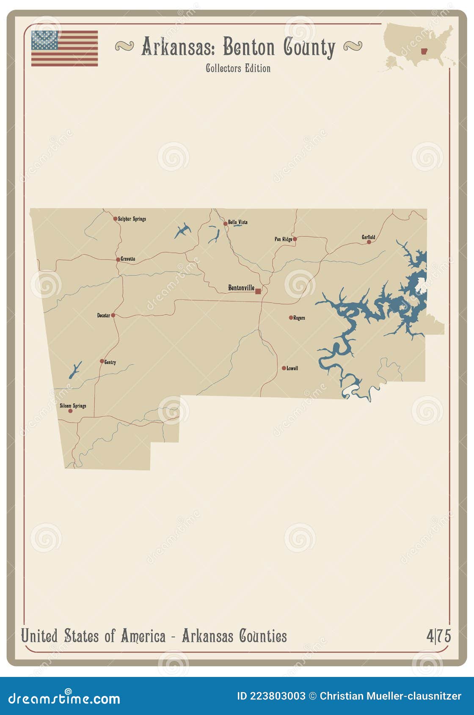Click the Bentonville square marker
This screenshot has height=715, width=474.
click(x=258, y=291)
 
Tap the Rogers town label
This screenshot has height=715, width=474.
click(x=299, y=318)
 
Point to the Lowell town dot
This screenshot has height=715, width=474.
click(x=284, y=368)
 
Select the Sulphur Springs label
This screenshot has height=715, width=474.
click(x=132, y=219)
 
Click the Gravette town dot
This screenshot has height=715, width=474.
click(x=118, y=259)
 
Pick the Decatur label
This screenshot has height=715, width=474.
click(x=103, y=315)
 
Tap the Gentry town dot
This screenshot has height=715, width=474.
click(x=102, y=361)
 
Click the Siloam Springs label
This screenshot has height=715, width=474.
click(x=73, y=406)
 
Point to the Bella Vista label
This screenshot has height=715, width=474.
click(x=237, y=222)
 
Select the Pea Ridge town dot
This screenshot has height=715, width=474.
click(x=295, y=239)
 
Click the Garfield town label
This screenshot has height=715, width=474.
click(x=368, y=237)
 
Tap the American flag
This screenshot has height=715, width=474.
click(x=64, y=48)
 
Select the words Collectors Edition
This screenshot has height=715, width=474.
click(x=238, y=68)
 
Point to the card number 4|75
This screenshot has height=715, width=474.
click(x=438, y=636)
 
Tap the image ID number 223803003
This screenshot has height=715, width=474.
click(x=277, y=696)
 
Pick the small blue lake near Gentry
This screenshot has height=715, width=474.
click(x=75, y=370)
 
